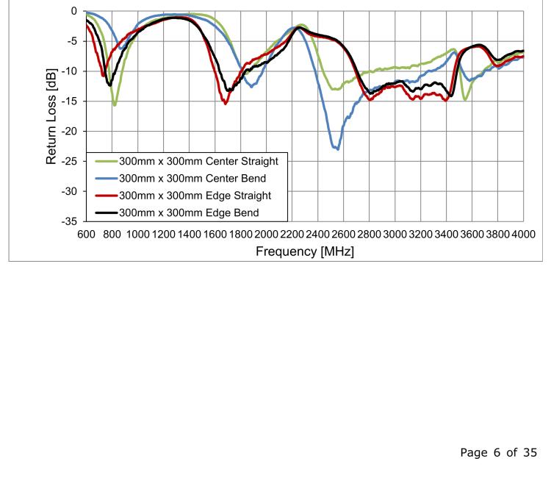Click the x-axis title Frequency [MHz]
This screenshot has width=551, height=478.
(301, 252)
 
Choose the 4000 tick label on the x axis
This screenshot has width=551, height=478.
(522, 234)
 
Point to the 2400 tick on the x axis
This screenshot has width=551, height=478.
(317, 234)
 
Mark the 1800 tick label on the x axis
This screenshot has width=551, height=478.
(240, 234)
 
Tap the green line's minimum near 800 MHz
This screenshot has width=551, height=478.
(115, 104)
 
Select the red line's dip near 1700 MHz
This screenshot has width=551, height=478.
(226, 104)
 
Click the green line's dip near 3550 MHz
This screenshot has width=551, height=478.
(466, 99)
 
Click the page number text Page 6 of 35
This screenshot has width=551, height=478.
(503, 452)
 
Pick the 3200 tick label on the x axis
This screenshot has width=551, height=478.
(420, 234)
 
